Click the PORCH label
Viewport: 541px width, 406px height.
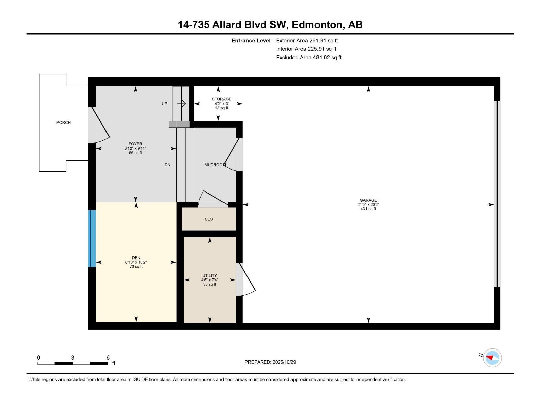[x=64, y=123]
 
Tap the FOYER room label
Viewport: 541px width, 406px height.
[x=135, y=144]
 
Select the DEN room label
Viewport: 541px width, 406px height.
[x=136, y=258]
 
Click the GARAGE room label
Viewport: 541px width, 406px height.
[x=368, y=200]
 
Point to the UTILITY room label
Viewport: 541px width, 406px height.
[x=210, y=276]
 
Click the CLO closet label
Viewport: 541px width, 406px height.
[x=209, y=219]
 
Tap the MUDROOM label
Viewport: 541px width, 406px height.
[x=215, y=165]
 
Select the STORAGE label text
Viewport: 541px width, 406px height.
[x=221, y=99]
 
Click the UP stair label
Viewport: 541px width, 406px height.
[x=164, y=104]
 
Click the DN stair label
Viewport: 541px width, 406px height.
[x=167, y=165]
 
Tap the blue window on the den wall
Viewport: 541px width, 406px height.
[x=92, y=239]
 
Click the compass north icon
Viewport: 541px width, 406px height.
[x=492, y=358]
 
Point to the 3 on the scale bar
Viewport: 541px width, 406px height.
[x=73, y=358]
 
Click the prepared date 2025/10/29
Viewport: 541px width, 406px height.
[x=284, y=362]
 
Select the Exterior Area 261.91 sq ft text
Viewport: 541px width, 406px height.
[x=307, y=41]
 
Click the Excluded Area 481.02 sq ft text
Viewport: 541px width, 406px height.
[x=309, y=58]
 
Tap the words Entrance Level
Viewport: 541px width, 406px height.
[x=251, y=41]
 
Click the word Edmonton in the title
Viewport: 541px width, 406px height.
[x=316, y=25]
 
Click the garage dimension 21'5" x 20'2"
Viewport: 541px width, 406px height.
[x=368, y=205]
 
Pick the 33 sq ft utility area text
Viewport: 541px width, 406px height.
[x=210, y=285]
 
